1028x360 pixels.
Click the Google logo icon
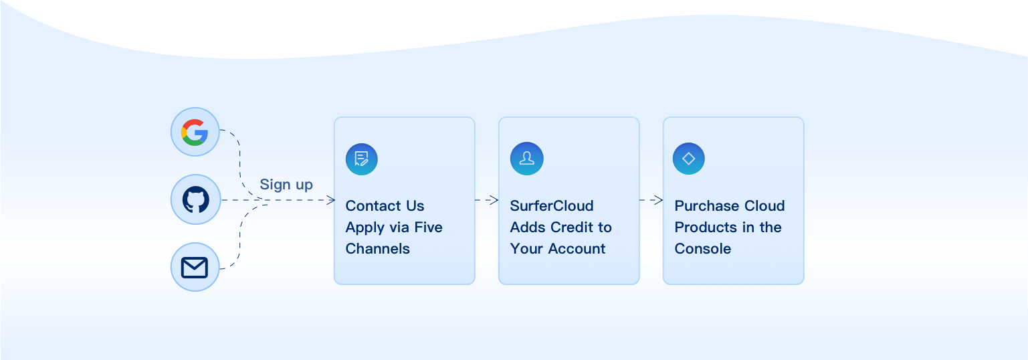click(195, 132)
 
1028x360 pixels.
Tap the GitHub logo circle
click(195, 199)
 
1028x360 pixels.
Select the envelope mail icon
click(195, 268)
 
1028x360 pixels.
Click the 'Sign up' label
click(286, 185)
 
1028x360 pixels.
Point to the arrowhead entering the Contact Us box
click(330, 199)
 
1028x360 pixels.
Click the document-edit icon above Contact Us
click(362, 159)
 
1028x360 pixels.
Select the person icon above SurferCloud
click(526, 159)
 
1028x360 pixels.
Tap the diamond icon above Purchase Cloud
click(689, 159)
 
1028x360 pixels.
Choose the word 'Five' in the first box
click(428, 228)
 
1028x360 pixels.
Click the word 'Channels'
click(377, 249)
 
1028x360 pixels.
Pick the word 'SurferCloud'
click(552, 206)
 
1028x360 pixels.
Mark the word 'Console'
click(703, 249)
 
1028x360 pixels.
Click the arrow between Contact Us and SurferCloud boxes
click(488, 199)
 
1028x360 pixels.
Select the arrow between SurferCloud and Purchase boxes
click(651, 199)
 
